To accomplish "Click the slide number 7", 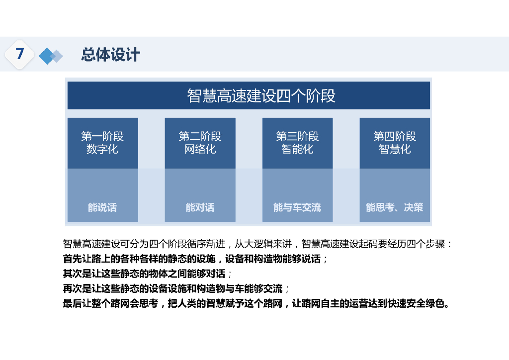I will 20,54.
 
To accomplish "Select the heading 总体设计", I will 110,54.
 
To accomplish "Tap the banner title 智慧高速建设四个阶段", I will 261,95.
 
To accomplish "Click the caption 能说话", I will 102,207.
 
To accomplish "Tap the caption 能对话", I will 200,207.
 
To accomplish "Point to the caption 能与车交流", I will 297,207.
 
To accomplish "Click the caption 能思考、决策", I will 395,207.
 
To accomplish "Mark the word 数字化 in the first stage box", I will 102,149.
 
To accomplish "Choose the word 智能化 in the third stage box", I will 297,149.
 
